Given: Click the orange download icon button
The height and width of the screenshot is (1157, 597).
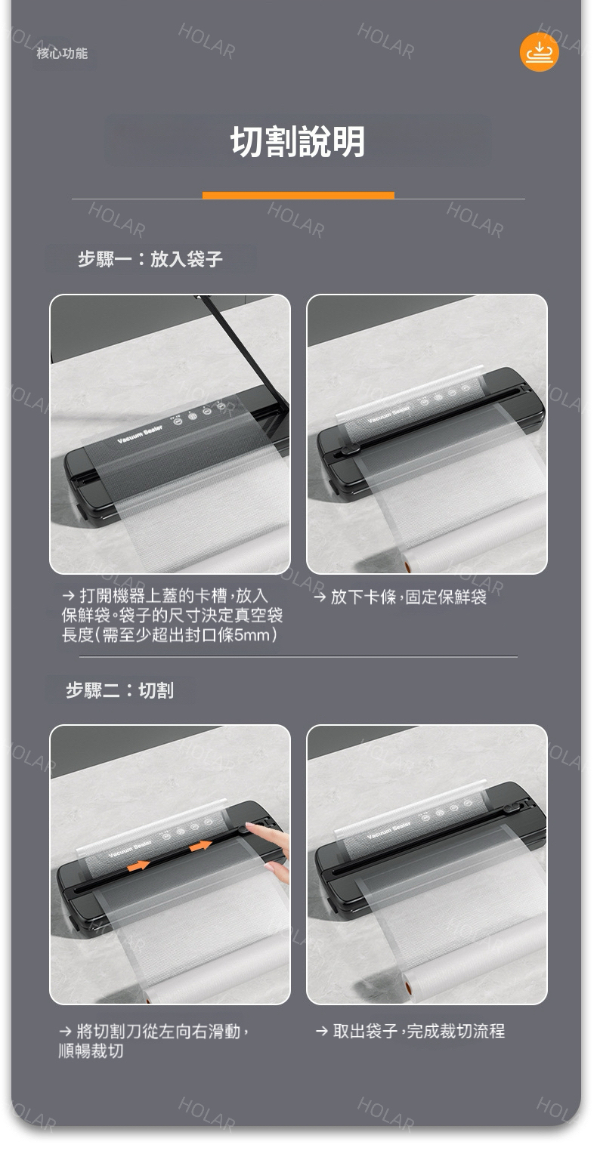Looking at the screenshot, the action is (x=539, y=52).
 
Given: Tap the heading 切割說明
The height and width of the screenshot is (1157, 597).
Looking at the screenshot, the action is (x=298, y=141).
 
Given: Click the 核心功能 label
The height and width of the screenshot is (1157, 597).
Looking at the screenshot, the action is (x=62, y=53).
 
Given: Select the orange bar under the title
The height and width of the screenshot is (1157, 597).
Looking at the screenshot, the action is (x=298, y=196).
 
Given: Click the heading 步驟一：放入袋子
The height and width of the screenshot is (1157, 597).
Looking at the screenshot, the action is (x=150, y=259).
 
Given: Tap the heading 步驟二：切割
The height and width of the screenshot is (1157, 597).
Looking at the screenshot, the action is (x=120, y=690).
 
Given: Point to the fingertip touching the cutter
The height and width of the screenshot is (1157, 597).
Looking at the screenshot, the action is (x=249, y=825).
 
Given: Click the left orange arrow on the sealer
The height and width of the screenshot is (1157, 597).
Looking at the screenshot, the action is (x=138, y=865).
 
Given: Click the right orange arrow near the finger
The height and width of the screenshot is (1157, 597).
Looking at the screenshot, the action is (x=200, y=846).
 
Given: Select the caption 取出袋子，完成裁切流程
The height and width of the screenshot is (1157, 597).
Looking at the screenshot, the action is (x=410, y=1031).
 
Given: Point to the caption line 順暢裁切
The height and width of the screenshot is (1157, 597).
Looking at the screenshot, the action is (x=91, y=1051).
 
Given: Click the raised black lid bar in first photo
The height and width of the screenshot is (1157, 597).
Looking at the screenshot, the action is (x=242, y=350).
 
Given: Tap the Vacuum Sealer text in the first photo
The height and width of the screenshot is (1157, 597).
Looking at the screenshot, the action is (x=140, y=434).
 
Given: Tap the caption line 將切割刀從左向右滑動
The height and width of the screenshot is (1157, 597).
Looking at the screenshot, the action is (x=155, y=1032).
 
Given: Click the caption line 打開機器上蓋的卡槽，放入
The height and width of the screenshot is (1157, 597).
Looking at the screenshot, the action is (x=165, y=596).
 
